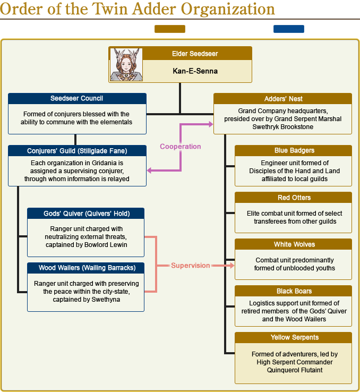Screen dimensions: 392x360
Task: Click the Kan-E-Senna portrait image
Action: (126, 65)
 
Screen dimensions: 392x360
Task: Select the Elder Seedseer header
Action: (195, 54)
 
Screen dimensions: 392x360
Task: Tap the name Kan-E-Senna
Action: (195, 71)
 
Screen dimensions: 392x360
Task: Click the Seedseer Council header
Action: (77, 98)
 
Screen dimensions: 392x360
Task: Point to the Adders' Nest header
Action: (283, 99)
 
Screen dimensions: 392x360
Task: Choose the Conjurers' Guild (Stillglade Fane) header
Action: (77, 150)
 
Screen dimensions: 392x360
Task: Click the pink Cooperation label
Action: (181, 147)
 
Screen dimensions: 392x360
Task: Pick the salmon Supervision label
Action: (190, 266)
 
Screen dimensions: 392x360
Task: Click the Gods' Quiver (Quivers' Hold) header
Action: (87, 214)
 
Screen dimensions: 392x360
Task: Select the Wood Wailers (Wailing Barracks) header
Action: (87, 268)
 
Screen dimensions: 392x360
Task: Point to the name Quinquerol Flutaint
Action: (294, 370)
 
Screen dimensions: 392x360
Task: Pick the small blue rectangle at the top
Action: (288, 29)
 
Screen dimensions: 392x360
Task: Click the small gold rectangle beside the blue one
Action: (170, 29)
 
